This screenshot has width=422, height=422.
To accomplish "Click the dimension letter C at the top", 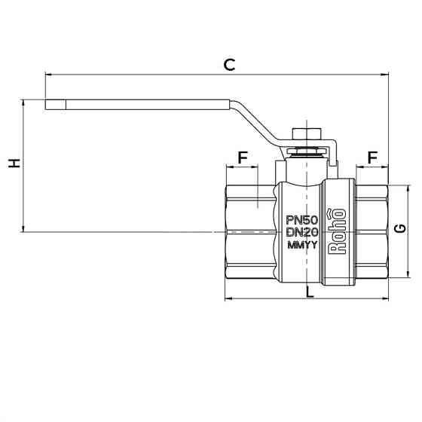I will tap(229, 65).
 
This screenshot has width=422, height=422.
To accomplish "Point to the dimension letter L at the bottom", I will tap(310, 292).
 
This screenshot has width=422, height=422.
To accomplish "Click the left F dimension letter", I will tap(243, 157).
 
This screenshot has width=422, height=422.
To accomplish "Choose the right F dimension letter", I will tap(372, 157).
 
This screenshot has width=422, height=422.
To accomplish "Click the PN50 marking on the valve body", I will tap(302, 220).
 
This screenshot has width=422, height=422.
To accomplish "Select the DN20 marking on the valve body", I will tap(302, 233).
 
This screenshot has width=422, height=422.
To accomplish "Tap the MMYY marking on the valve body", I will tap(302, 246).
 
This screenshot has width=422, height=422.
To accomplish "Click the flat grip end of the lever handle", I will tap(60, 104).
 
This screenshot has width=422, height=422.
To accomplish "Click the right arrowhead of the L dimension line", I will tap(385, 299).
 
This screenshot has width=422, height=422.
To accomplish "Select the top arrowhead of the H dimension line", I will tap(23, 102).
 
